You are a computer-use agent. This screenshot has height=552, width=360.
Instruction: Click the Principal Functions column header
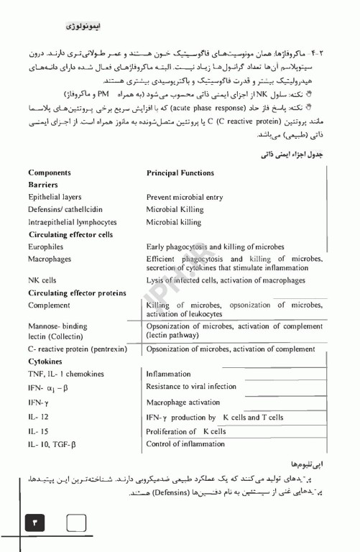tap(180, 173)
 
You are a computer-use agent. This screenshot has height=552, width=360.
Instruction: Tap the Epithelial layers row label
tap(55, 197)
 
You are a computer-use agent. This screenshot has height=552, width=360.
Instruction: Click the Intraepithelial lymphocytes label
tap(72, 222)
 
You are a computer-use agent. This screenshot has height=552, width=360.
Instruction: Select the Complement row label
tap(49, 305)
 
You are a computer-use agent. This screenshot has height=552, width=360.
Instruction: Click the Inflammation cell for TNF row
tap(168, 374)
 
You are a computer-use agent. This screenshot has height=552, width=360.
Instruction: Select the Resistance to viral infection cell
tap(191, 387)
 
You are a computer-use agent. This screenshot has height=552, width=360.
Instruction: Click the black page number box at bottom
tap(34, 524)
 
